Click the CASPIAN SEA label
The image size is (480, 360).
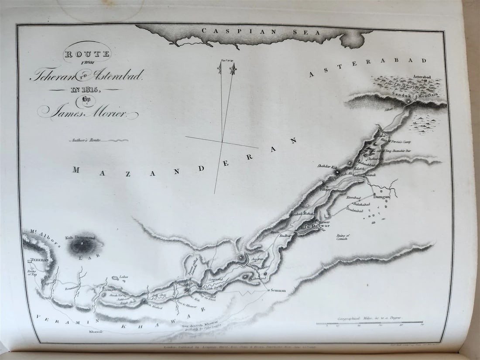[261, 31]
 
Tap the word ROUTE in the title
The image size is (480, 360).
[87, 55]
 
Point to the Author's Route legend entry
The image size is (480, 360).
[85, 141]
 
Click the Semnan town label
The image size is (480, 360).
[278, 290]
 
